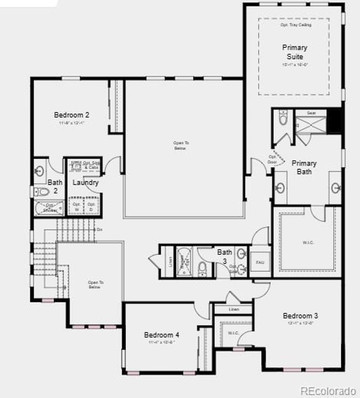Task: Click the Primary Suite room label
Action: [294, 52]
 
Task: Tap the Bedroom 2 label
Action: [71, 115]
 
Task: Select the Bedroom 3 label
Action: [301, 316]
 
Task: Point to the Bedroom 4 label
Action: [162, 335]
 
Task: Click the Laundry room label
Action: [85, 183]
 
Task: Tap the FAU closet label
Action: [260, 263]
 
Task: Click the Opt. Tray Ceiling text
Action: [296, 25]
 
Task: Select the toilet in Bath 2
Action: [42, 192]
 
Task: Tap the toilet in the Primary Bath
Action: [283, 118]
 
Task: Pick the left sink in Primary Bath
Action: [280, 188]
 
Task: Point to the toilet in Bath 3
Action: [202, 269]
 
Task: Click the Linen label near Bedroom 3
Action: [233, 309]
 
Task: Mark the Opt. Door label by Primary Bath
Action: [273, 159]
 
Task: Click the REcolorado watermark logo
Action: [328, 391]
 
